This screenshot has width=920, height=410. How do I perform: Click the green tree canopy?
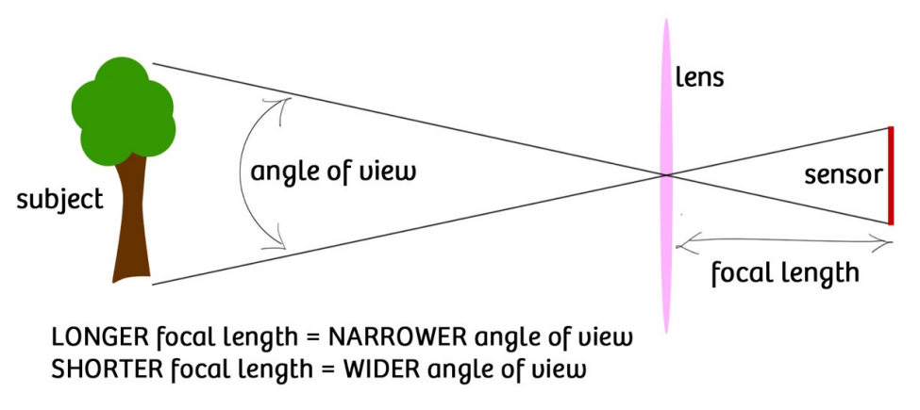pyautogui.click(x=123, y=108)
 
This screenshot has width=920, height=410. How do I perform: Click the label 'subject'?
pyautogui.click(x=59, y=200)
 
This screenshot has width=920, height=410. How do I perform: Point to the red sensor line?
pyautogui.click(x=889, y=175)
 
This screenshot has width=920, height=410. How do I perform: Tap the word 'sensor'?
pyautogui.click(x=843, y=175)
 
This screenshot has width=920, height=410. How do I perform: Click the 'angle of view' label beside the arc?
pyautogui.click(x=333, y=173)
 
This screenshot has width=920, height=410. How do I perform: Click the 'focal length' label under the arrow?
pyautogui.click(x=784, y=273)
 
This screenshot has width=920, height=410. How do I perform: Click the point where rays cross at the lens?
pyautogui.click(x=666, y=174)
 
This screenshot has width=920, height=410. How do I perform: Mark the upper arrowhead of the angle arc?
pyautogui.click(x=282, y=100)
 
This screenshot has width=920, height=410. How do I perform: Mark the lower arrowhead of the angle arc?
pyautogui.click(x=283, y=247)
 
